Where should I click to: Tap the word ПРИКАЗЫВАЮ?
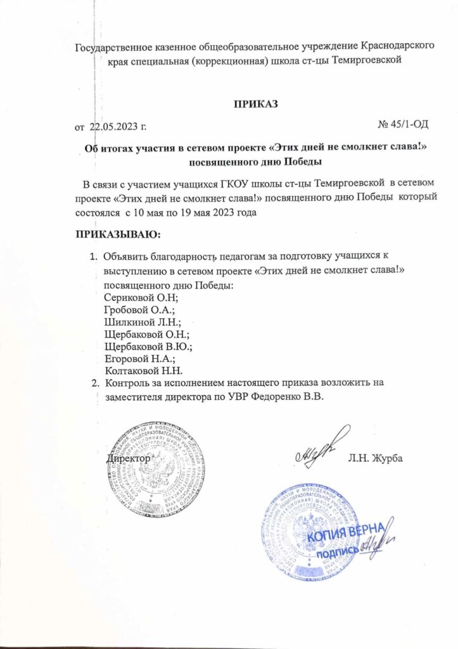click(x=118, y=236)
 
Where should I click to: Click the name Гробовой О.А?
click(x=139, y=309)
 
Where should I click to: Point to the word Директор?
click(x=129, y=458)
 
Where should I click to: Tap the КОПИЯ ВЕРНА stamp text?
click(x=343, y=539)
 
